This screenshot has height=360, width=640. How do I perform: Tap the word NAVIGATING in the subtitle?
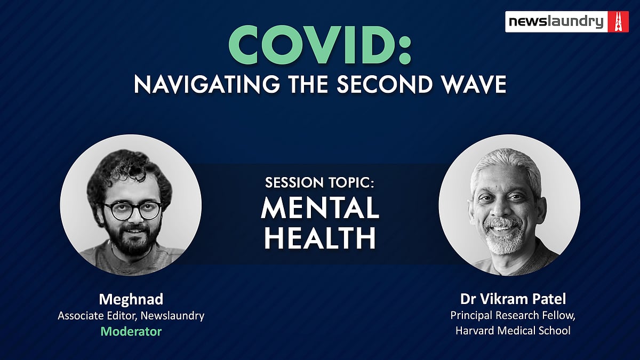(206, 84)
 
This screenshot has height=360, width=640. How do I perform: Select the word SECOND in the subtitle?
(385, 84)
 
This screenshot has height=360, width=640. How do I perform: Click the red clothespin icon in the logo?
(618, 22)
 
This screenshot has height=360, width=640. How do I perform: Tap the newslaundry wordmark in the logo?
(556, 22)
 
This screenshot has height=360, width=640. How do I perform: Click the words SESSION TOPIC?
(319, 182)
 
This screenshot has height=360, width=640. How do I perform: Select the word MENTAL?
(320, 207)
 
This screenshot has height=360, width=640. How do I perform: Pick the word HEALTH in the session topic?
(320, 238)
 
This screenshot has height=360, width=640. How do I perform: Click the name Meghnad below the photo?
(131, 299)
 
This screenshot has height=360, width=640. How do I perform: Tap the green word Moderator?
(131, 331)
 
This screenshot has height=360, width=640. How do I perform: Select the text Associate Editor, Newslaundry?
(131, 316)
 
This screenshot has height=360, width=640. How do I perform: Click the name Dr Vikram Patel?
(513, 299)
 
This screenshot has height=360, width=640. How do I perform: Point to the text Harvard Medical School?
(513, 331)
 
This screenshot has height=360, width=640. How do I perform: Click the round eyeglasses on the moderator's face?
(133, 211)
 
